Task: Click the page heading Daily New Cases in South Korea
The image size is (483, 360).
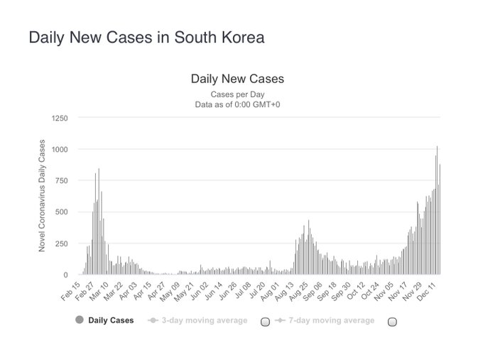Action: click(146, 37)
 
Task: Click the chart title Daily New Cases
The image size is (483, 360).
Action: click(237, 79)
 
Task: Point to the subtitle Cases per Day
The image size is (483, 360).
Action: click(237, 94)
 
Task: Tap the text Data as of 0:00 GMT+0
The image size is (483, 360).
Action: click(237, 104)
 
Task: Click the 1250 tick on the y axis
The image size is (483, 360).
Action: click(59, 118)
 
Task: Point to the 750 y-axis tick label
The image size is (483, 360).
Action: click(61, 180)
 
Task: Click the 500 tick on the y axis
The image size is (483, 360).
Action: click(61, 212)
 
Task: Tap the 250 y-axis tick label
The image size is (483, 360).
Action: click(61, 243)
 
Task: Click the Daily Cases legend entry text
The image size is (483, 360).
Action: click(111, 320)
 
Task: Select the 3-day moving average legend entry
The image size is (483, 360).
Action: click(203, 320)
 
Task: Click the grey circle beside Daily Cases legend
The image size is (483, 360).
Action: click(79, 320)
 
